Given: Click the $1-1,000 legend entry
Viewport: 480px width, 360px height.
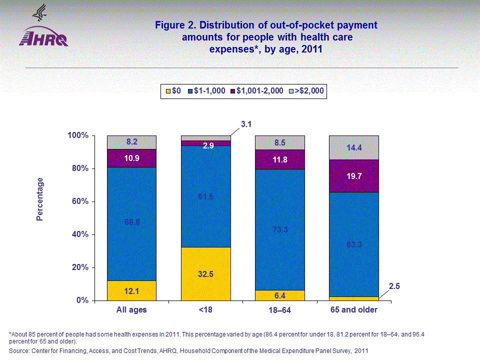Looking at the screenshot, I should [x=206, y=91].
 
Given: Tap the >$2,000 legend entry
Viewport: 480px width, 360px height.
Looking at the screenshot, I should [x=307, y=91].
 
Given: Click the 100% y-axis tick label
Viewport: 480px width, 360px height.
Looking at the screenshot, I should [x=78, y=135].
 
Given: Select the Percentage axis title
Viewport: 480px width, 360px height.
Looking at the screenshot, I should [x=40, y=199].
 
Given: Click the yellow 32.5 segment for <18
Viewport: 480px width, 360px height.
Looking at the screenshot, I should [x=205, y=273].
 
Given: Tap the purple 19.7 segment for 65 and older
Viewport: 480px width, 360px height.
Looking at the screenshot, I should [x=353, y=175].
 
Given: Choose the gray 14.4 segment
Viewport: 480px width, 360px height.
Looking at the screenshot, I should [x=353, y=147].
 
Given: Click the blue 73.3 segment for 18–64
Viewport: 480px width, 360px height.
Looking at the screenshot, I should [x=279, y=229].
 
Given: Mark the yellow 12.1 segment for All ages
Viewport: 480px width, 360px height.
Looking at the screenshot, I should [x=131, y=290].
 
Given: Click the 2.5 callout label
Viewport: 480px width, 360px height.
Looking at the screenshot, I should [x=394, y=286].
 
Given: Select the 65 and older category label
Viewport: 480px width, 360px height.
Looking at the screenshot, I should [x=353, y=310].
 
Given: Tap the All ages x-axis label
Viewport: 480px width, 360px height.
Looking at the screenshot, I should [x=131, y=310].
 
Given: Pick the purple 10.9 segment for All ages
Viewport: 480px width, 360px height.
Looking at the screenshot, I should [x=131, y=158].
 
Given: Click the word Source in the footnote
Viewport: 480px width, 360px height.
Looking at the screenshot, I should [x=19, y=351].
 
